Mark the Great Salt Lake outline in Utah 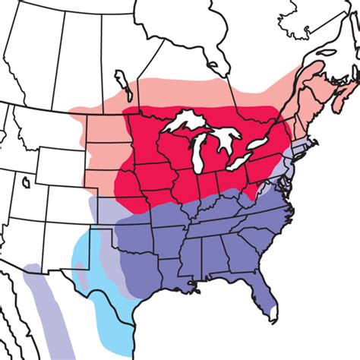click(27, 182)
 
